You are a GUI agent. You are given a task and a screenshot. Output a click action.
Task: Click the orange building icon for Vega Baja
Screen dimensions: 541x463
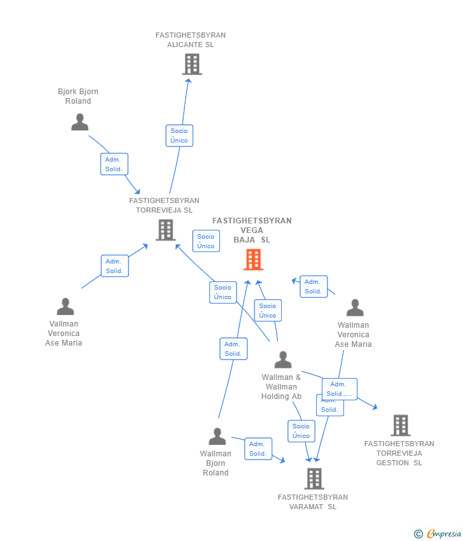click(x=253, y=260)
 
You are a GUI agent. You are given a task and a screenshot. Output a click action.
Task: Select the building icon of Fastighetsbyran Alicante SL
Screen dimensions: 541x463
click(x=191, y=64)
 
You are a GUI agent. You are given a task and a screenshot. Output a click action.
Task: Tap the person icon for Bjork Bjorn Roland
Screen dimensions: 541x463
click(x=79, y=122)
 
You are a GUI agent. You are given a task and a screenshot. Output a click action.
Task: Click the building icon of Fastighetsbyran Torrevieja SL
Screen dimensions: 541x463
click(x=165, y=230)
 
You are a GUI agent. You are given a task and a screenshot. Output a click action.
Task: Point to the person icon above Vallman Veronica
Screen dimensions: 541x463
click(x=66, y=307)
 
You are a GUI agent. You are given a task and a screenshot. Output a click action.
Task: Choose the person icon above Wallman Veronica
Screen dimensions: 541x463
click(x=355, y=308)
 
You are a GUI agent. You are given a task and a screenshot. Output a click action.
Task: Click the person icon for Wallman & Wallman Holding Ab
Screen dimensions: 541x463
click(x=283, y=360)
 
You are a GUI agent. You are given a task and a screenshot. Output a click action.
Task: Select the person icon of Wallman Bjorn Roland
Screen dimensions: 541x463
click(x=218, y=437)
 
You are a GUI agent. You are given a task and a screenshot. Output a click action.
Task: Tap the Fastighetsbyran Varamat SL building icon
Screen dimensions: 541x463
click(x=314, y=479)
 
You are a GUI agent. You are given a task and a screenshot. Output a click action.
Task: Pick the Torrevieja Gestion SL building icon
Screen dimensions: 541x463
click(x=400, y=425)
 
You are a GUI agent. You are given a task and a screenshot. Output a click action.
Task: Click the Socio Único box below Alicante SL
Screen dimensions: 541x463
click(x=179, y=136)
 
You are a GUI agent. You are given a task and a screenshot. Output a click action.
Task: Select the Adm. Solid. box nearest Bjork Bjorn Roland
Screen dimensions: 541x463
click(x=114, y=164)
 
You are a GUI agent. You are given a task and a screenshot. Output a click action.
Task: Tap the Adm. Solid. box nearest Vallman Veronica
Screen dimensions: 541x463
click(x=114, y=266)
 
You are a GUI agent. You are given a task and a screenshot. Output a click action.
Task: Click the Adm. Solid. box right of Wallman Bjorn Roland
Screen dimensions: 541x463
click(x=258, y=449)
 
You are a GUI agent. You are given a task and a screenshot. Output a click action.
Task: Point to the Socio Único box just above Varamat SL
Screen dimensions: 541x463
click(x=301, y=431)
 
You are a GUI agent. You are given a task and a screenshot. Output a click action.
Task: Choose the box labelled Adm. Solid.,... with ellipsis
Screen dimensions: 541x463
click(x=339, y=389)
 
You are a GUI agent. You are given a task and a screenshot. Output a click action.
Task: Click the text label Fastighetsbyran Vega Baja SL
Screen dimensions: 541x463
click(x=252, y=230)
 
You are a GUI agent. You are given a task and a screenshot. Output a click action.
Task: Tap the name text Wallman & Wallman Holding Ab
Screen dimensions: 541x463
click(x=281, y=387)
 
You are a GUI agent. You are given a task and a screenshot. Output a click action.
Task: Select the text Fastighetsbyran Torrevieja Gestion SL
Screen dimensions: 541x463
click(x=399, y=453)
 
